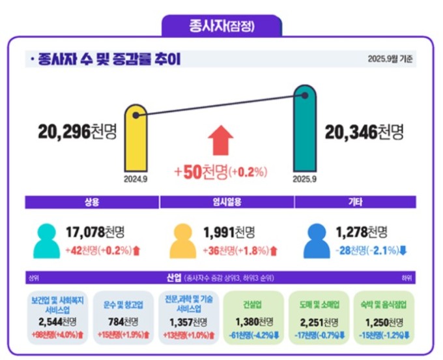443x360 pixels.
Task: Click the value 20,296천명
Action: tap(77, 132)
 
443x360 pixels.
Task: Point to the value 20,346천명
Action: tap(364, 132)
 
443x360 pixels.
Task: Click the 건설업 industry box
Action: tap(253, 318)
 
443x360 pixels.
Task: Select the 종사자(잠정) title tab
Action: tap(221, 27)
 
